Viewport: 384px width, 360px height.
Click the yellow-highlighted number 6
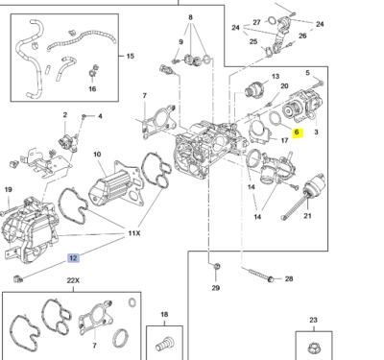pyautogui.click(x=297, y=132)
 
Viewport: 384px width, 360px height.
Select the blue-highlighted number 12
pyautogui.click(x=73, y=258)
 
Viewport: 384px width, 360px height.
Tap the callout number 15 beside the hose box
pyautogui.click(x=130, y=57)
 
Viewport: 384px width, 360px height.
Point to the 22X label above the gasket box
pyautogui.click(x=73, y=280)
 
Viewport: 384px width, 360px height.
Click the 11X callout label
pyautogui.click(x=134, y=233)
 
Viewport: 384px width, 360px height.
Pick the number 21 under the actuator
pyautogui.click(x=307, y=216)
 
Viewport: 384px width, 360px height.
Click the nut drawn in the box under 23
pyautogui.click(x=314, y=348)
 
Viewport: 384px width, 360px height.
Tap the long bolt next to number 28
pyautogui.click(x=261, y=276)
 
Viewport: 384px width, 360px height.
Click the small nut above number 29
pyautogui.click(x=216, y=266)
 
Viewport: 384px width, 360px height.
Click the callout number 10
pyautogui.click(x=97, y=155)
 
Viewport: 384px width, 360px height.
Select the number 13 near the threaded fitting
pyautogui.click(x=276, y=77)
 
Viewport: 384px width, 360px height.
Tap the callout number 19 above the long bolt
pyautogui.click(x=9, y=189)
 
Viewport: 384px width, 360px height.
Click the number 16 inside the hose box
pyautogui.click(x=92, y=88)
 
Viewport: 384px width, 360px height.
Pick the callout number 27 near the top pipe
pyautogui.click(x=256, y=22)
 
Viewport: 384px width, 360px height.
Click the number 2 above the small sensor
pyautogui.click(x=65, y=114)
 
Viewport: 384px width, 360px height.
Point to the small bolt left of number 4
pyautogui.click(x=84, y=116)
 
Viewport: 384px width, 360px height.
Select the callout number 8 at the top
pyautogui.click(x=191, y=17)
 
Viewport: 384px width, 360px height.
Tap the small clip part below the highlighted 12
pyautogui.click(x=18, y=279)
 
